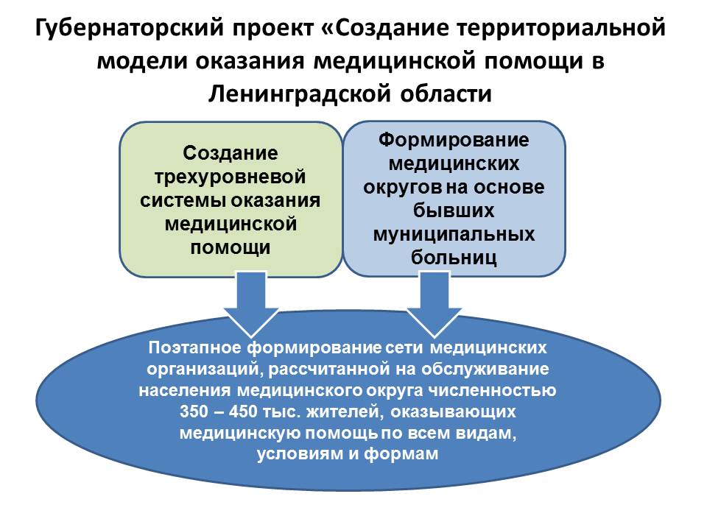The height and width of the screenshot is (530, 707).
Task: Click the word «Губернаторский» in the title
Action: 130,29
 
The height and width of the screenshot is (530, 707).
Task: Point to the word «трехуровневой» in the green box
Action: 230,177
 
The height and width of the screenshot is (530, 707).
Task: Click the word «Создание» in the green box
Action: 230,153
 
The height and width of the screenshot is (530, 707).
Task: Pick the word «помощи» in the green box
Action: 230,247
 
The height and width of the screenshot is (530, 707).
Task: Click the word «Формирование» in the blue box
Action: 454,140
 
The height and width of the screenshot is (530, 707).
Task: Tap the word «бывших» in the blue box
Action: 454,211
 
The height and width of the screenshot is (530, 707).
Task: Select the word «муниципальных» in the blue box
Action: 454,234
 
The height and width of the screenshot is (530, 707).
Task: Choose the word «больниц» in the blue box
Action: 454,258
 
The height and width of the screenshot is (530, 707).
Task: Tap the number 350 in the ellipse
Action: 194,411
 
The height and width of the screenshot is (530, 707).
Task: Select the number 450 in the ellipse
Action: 243,411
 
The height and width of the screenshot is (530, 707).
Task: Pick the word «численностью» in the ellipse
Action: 492,390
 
